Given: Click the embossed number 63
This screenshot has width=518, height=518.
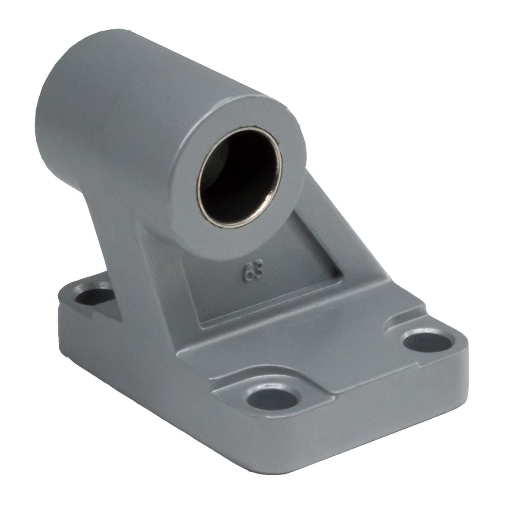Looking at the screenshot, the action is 253,273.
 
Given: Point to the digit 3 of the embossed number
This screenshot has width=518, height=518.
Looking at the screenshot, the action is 258,272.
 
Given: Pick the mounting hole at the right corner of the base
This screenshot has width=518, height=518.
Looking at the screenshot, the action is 427,342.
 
